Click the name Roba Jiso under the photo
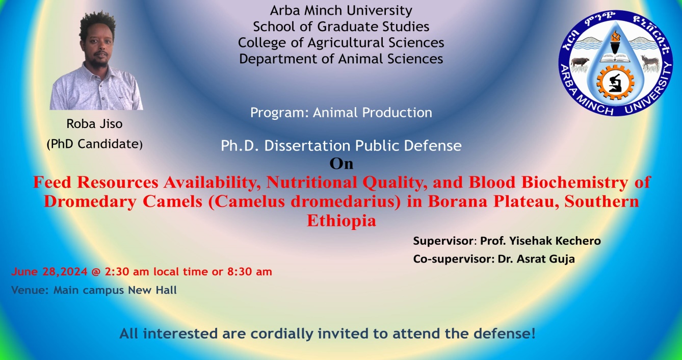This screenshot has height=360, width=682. coord(94,124)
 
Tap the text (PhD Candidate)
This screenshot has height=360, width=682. coord(94,144)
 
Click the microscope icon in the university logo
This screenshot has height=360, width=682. coord(615,83)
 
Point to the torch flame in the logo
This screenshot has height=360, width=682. coord(615,37)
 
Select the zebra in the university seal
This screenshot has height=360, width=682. coord(650,62)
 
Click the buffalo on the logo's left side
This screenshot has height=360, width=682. coord(580,62)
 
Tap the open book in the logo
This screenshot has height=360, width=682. coord(615,58)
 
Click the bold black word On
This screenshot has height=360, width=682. coord(342,164)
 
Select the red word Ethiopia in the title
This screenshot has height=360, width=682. coord(342,220)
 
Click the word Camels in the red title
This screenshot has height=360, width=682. coord(173,201)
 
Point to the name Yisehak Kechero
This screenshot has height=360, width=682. coord(555,241)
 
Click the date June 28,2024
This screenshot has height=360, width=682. coord(49,272)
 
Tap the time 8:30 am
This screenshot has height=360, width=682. coord(250,272)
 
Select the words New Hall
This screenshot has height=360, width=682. coord(152,290)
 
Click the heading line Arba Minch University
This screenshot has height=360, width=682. coord(341,11)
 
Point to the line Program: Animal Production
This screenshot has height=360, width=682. coord(341,113)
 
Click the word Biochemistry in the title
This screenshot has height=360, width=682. coord(575,182)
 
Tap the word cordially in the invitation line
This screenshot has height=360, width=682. coord(282,333)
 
